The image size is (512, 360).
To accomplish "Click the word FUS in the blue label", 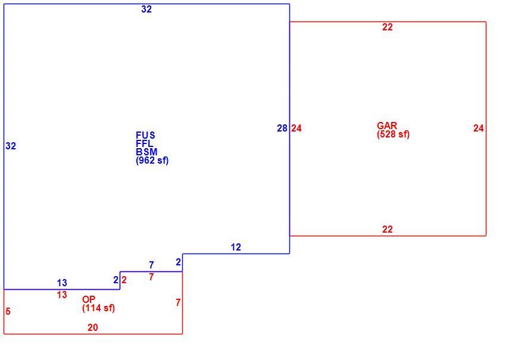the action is [x=145, y=135].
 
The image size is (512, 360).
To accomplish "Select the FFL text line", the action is [x=144, y=143].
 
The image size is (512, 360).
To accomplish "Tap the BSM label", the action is [x=146, y=152].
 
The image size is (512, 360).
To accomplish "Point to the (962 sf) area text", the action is [x=152, y=161].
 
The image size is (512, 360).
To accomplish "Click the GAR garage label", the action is [x=387, y=126].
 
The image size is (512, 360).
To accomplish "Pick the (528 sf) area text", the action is [x=393, y=134].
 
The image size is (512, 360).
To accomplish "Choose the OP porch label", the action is [x=89, y=300].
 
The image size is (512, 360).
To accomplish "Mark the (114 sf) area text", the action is [x=99, y=308].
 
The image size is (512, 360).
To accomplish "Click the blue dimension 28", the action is [x=282, y=129].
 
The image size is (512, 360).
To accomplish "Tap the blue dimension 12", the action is [x=236, y=248].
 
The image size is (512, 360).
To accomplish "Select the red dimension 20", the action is [x=93, y=327].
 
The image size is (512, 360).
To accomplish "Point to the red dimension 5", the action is [x=8, y=311].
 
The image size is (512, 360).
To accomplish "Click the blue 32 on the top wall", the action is [x=146, y=9].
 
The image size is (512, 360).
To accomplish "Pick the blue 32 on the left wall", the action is [x=11, y=146].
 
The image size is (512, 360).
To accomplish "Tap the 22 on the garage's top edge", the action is [x=387, y=27].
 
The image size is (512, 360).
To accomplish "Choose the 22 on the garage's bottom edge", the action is [x=387, y=230].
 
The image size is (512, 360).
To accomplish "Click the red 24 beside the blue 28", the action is [x=296, y=129].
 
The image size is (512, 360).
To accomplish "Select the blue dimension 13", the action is [x=62, y=283].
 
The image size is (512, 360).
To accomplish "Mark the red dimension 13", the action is [x=62, y=295].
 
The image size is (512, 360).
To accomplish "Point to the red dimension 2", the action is [x=124, y=280].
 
